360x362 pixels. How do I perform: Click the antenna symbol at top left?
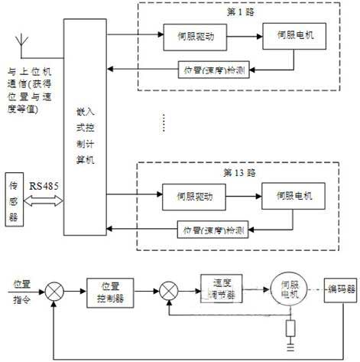pos(17,38)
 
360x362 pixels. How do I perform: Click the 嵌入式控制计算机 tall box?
pos(86,130)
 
